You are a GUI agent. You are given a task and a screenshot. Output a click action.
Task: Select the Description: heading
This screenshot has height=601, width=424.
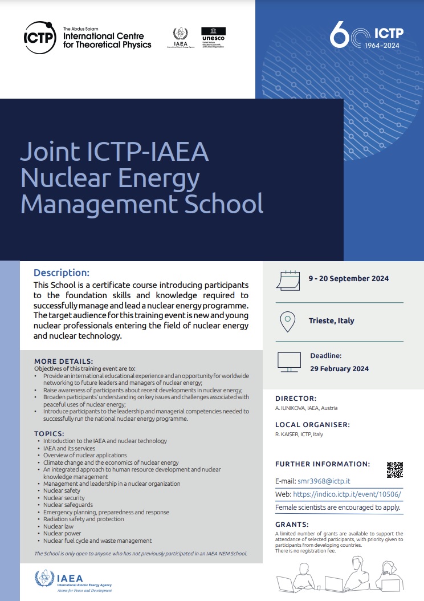coord(62,273)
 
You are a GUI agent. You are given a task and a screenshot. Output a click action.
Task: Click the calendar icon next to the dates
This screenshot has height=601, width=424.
coord(287,279)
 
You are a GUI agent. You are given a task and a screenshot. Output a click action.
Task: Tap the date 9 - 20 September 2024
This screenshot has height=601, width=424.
coord(349,279)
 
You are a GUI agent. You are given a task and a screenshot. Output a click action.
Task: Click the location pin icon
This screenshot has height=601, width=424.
coord(287,321)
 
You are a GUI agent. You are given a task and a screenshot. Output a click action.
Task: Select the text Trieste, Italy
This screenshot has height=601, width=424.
coord(331,321)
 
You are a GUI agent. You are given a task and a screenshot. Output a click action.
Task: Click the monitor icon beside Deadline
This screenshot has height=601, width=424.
coord(288,361)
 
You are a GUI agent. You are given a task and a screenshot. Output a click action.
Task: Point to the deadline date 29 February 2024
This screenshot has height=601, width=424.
coord(339,369)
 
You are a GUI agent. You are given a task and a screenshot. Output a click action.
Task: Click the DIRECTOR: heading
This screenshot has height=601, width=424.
coord(296,399)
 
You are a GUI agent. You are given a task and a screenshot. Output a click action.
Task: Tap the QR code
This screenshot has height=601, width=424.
coord(394,469)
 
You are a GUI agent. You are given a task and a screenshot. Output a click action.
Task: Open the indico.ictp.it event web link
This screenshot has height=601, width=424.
coord(349,494)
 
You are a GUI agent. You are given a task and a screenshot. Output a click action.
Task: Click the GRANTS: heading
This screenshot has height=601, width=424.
coord(292,524)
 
